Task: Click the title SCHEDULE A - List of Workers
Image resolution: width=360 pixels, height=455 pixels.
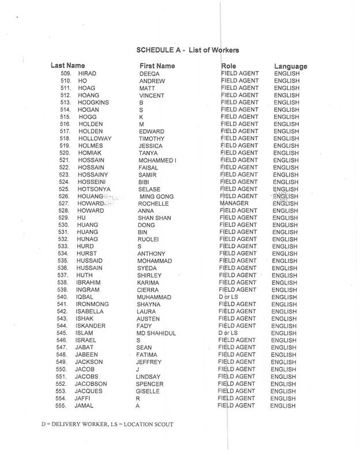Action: (187, 50)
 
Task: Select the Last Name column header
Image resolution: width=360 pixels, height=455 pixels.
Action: (69, 66)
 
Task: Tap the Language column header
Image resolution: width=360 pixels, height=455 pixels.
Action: (290, 66)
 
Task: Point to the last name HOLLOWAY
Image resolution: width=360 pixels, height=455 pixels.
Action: (93, 138)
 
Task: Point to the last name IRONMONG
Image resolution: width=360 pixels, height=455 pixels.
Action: (93, 304)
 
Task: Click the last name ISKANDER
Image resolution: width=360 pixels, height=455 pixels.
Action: (92, 326)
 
